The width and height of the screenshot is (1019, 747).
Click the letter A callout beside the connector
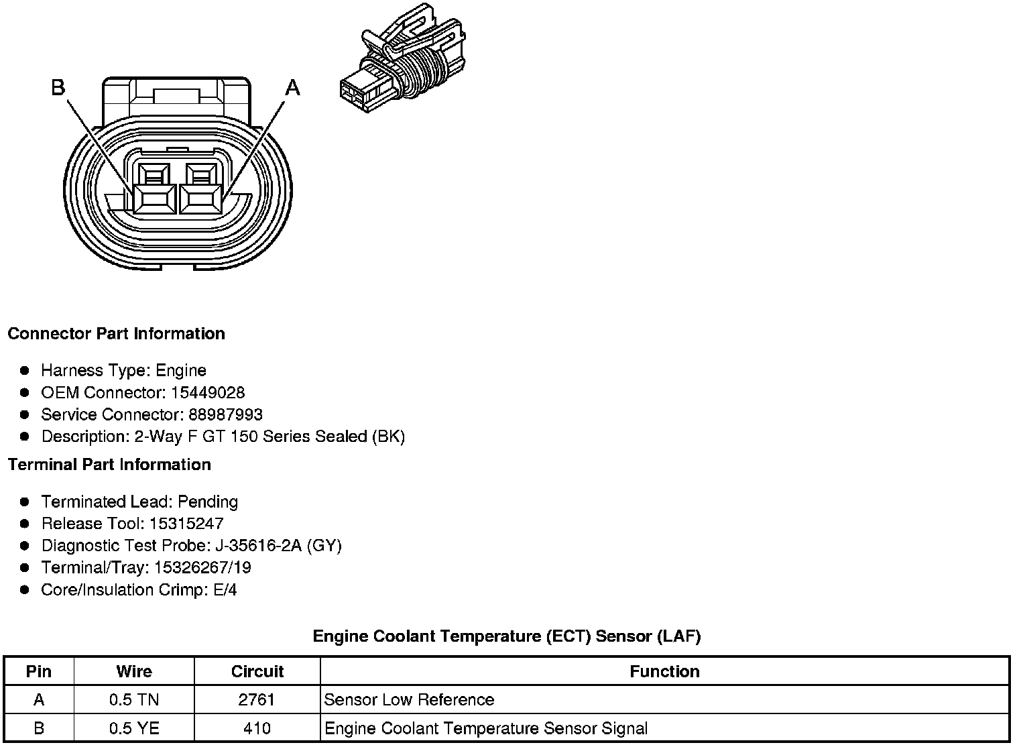(x=292, y=87)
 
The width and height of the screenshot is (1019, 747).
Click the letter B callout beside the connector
(x=58, y=87)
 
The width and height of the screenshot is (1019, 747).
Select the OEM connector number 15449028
(x=208, y=392)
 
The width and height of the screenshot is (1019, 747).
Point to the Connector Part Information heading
(x=116, y=333)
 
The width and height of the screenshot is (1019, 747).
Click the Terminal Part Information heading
(x=109, y=464)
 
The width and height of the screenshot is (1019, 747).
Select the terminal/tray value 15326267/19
(x=202, y=567)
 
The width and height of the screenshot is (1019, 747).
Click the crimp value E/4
(x=223, y=589)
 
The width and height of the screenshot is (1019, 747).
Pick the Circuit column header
(x=257, y=671)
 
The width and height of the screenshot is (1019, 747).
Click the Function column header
(x=664, y=671)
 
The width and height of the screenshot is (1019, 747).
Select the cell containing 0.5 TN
(x=134, y=699)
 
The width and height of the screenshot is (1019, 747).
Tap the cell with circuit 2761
(x=257, y=699)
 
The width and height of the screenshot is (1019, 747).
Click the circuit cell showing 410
(x=257, y=728)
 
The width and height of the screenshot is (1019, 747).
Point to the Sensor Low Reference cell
(x=409, y=699)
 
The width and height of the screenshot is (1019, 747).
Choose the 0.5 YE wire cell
(x=134, y=728)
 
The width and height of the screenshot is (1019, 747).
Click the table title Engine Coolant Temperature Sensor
(x=507, y=636)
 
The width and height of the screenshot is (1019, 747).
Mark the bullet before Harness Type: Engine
(x=25, y=370)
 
